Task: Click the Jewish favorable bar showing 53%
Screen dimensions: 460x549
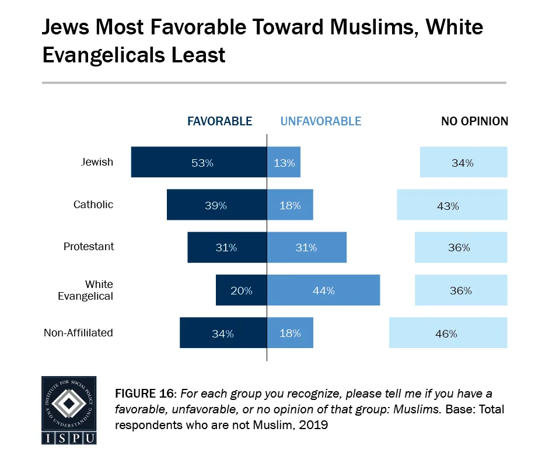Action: (x=199, y=162)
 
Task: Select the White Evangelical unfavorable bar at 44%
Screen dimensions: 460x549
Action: (x=323, y=290)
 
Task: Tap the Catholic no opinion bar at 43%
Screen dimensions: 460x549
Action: (x=452, y=205)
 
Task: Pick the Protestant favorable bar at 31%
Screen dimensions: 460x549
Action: (x=227, y=247)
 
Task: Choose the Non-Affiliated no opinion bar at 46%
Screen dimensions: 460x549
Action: (x=448, y=333)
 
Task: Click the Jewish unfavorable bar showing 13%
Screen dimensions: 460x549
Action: (x=284, y=162)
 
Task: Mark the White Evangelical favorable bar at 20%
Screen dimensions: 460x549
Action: (x=242, y=290)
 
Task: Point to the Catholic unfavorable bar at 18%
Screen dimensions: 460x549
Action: (x=290, y=205)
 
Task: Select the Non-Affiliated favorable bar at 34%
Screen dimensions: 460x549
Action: (x=223, y=333)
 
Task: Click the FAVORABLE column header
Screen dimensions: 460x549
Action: (x=219, y=121)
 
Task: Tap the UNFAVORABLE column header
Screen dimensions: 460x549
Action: (x=321, y=121)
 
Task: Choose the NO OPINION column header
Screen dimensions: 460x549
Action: (x=474, y=121)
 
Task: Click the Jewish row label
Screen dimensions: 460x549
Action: (x=97, y=162)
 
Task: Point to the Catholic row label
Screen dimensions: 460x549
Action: (x=93, y=205)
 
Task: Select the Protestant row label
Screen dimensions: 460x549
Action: (x=89, y=247)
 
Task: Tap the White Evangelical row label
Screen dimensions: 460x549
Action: (x=86, y=290)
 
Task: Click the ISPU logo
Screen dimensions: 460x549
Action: (x=69, y=410)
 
